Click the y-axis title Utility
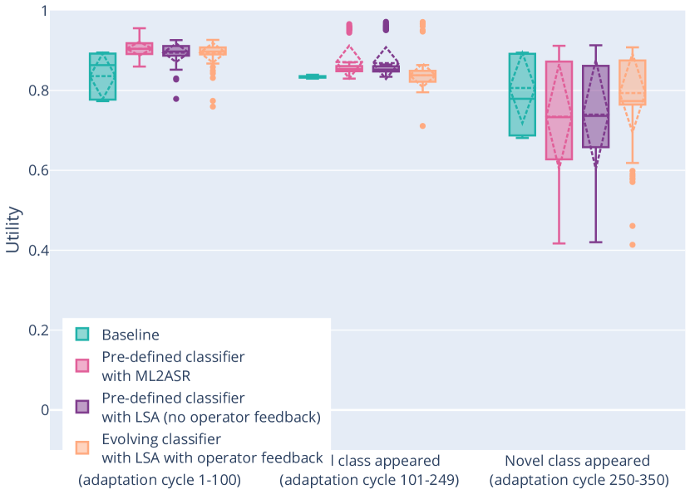click(12, 230)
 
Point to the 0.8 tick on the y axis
click(35, 90)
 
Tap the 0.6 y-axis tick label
click(35, 171)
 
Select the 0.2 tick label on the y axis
click(35, 330)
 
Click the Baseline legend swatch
click(82, 335)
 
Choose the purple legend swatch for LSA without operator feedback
click(82, 406)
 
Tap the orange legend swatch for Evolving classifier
click(82, 447)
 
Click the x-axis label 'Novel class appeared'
click(578, 462)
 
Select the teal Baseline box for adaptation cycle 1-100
click(103, 76)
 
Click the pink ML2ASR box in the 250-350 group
click(559, 110)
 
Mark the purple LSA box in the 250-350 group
click(595, 106)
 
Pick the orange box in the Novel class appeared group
click(633, 82)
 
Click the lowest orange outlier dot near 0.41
click(632, 245)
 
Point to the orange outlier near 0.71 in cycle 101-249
click(422, 126)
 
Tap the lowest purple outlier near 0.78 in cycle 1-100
click(176, 99)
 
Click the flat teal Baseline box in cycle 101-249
click(313, 76)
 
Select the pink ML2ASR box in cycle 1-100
click(140, 48)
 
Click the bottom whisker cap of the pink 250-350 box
click(559, 243)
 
